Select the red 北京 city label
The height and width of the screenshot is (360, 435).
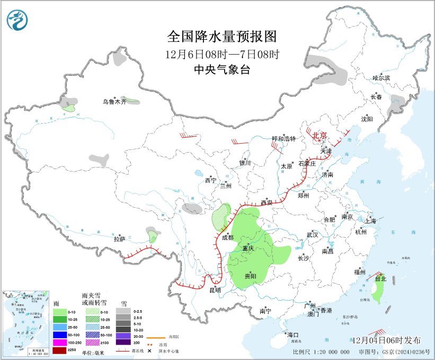pos(319,136)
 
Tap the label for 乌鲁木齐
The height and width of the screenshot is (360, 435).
pos(114,102)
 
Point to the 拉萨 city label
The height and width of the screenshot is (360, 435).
pos(119,240)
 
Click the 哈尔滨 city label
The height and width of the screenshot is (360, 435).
pos(381,78)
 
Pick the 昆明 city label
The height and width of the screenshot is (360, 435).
pos(215,289)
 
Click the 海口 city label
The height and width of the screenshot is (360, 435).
pos(292,335)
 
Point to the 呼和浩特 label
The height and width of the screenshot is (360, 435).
pos(283,139)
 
